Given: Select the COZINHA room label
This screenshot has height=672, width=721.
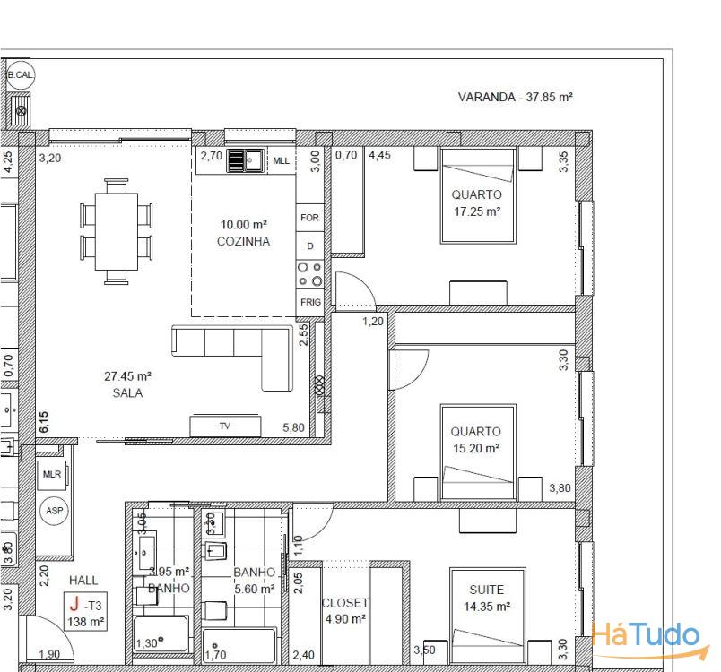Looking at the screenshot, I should tap(243, 242).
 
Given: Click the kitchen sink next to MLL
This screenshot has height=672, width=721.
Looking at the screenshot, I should tap(245, 161).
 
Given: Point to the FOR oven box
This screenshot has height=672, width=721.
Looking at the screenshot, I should tap(309, 218).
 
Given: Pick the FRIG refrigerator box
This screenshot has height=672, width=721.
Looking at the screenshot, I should tap(310, 302).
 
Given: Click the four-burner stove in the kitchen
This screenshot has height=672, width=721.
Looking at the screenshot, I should tap(309, 273).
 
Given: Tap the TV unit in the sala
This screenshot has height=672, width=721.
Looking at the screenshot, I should tap(224, 426).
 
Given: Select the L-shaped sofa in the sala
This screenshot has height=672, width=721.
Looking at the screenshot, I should tap(235, 354).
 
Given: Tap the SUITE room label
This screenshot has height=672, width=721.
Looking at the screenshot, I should tap(486, 590).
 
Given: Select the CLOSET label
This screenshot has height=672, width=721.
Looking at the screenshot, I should tap(345, 603).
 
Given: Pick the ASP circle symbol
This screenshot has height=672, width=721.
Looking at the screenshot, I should tap(54, 511).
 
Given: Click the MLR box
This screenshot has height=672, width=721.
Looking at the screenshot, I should tap(52, 473).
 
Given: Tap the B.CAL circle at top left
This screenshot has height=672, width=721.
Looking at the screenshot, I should tap(20, 75).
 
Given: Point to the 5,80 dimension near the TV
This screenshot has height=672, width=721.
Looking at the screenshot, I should tap(293, 428).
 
